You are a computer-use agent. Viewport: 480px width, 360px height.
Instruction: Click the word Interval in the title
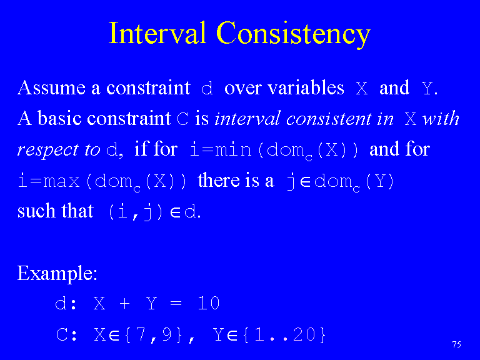coord(157,32)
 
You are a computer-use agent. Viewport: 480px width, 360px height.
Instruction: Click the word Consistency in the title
coord(294,34)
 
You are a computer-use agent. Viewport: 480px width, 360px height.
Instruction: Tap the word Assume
coord(51,88)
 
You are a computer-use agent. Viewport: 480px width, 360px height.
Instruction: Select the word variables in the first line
coord(306,87)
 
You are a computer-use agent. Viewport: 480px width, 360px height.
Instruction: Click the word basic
coord(60,118)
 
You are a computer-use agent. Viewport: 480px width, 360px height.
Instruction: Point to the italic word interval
coord(247,118)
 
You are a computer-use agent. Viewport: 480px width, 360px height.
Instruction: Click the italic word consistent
coord(329,119)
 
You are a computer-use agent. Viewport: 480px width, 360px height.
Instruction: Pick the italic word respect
coord(48,150)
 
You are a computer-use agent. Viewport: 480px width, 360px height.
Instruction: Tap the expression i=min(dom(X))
coord(274,150)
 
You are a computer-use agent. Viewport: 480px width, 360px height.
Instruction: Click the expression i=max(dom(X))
coord(102,182)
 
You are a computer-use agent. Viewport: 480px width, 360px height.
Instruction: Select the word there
coord(219,180)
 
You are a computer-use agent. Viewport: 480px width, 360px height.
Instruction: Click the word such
coord(36,211)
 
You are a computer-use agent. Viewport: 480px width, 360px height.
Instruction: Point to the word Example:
coord(57,273)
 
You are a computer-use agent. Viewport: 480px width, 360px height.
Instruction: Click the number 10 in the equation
coord(209,303)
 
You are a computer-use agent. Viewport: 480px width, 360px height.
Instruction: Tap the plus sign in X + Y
coord(124,303)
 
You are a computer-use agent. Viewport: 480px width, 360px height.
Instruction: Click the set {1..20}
coord(284,334)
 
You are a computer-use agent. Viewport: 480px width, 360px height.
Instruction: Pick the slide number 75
coord(456,344)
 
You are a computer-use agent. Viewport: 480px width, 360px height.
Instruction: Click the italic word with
coord(441,118)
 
